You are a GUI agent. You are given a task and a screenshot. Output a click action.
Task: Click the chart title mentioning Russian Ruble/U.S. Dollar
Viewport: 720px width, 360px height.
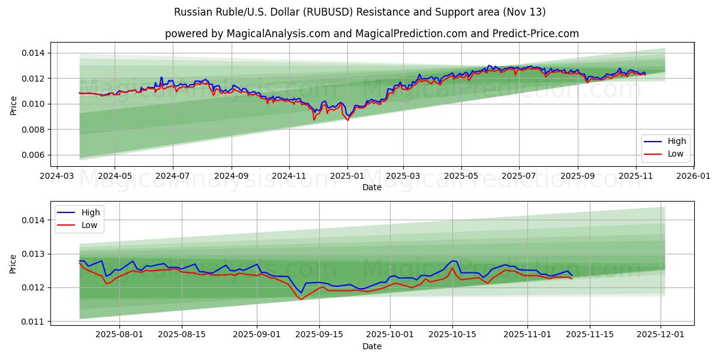tap(360, 12)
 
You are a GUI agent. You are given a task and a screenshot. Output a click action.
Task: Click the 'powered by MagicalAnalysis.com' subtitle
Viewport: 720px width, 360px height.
tap(372, 34)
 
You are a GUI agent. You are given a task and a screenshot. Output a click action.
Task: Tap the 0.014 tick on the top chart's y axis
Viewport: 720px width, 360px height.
tap(33, 53)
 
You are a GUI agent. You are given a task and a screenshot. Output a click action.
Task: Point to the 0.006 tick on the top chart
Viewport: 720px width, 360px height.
tap(33, 155)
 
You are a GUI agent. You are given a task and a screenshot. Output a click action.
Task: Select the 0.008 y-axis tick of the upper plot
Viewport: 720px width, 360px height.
tap(33, 130)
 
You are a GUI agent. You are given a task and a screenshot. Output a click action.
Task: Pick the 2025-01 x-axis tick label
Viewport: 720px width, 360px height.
tap(347, 176)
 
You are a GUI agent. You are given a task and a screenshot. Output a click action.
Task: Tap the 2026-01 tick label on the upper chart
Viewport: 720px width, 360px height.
tap(694, 176)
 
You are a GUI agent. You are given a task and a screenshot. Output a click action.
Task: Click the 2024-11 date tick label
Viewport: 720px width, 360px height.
tap(289, 176)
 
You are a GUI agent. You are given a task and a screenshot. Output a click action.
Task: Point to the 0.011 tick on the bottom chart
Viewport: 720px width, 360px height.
tap(33, 322)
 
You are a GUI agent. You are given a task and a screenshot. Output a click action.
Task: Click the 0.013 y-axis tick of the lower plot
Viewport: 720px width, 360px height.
tap(33, 254)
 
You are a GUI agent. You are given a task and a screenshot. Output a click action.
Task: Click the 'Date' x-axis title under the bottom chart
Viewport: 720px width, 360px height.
tap(372, 347)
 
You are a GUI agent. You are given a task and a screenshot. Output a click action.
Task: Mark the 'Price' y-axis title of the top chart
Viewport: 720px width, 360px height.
tap(13, 104)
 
